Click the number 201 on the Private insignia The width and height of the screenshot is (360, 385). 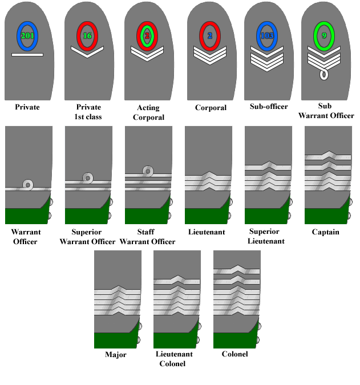27,36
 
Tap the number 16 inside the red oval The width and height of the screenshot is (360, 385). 87,36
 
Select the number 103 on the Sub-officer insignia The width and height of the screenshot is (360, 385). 267,36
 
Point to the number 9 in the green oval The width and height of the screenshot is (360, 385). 324,35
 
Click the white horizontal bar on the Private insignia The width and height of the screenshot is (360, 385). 27,55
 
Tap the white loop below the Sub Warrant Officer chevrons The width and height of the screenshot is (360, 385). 324,75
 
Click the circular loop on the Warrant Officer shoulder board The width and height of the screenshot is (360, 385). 28,185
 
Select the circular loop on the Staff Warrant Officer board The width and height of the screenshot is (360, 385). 148,171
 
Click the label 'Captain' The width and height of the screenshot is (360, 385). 326,232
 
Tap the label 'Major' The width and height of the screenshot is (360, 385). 116,355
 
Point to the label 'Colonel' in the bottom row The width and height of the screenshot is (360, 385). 234,354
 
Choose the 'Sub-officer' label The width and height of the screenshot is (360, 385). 269,107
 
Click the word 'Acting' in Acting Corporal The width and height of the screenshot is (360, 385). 148,108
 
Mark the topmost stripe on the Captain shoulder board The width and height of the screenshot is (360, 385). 328,156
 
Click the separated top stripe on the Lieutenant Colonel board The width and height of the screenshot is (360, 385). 177,280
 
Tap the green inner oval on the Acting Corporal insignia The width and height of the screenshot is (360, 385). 147,36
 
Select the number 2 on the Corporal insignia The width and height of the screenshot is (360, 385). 210,36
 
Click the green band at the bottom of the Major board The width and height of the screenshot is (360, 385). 115,341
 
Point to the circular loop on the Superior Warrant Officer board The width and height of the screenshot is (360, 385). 88,178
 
